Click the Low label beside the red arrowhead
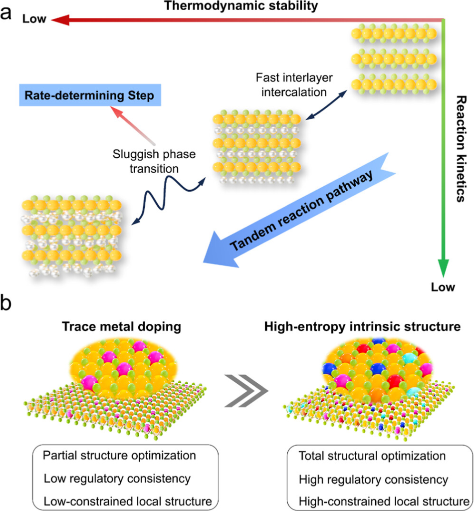[x=34, y=19]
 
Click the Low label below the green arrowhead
[x=443, y=287]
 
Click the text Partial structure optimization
[x=119, y=456]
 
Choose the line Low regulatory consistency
[x=117, y=479]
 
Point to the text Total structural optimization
[x=372, y=456]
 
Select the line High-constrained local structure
[x=383, y=501]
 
